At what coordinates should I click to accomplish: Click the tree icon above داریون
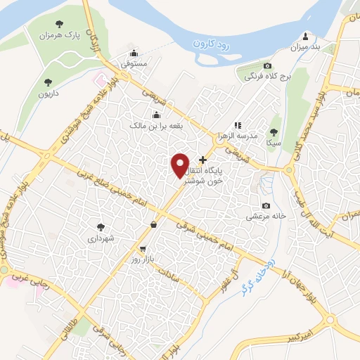(48, 82)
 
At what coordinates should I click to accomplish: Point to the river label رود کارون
(214, 44)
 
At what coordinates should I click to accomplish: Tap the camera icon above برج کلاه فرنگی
(266, 65)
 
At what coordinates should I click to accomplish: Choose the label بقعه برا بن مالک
(155, 125)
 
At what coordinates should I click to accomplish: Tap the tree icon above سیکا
(274, 131)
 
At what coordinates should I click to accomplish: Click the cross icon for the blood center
(203, 160)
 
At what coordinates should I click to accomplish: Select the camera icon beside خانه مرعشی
(266, 205)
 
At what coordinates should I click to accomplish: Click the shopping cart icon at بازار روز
(143, 248)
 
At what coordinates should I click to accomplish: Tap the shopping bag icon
(153, 225)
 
